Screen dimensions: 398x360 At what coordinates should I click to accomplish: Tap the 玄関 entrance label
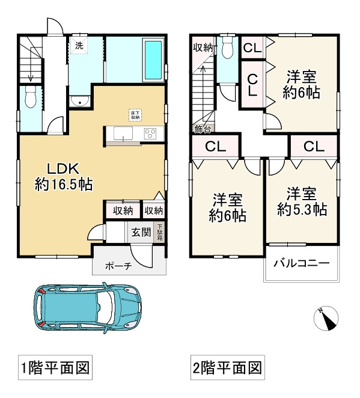click(141, 232)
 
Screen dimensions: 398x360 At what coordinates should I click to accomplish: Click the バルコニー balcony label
click(301, 263)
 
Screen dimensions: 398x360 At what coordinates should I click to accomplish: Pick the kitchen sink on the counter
click(123, 133)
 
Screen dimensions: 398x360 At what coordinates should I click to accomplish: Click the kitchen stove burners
click(150, 133)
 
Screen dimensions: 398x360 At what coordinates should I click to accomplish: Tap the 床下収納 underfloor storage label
click(134, 114)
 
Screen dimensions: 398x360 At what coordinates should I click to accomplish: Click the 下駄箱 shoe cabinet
click(160, 232)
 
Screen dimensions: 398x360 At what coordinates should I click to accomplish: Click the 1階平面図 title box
click(55, 367)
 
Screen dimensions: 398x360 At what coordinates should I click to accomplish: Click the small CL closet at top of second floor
click(252, 49)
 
